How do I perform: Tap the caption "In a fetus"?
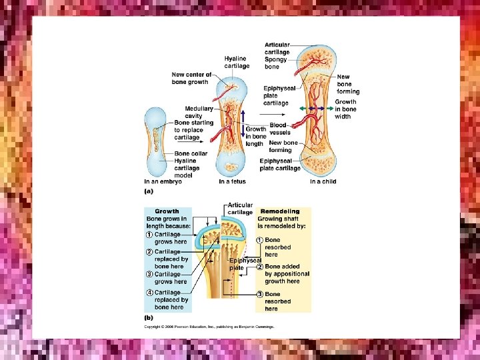pos(232,181)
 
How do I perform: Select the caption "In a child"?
pos(323,181)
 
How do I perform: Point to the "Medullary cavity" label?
pos(199,112)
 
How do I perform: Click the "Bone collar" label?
pos(191,153)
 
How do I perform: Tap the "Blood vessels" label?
pos(279,129)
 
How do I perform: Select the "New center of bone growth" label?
pos(191,78)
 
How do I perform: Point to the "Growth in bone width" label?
pos(345,109)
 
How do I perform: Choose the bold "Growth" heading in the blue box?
pos(167,211)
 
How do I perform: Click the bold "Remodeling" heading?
pos(280,211)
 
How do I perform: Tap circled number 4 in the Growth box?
pos(150,293)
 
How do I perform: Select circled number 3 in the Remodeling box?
pos(261,294)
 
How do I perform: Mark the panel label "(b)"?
pos(149,317)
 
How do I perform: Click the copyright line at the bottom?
pos(209,327)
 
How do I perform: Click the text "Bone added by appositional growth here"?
pos(287,273)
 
